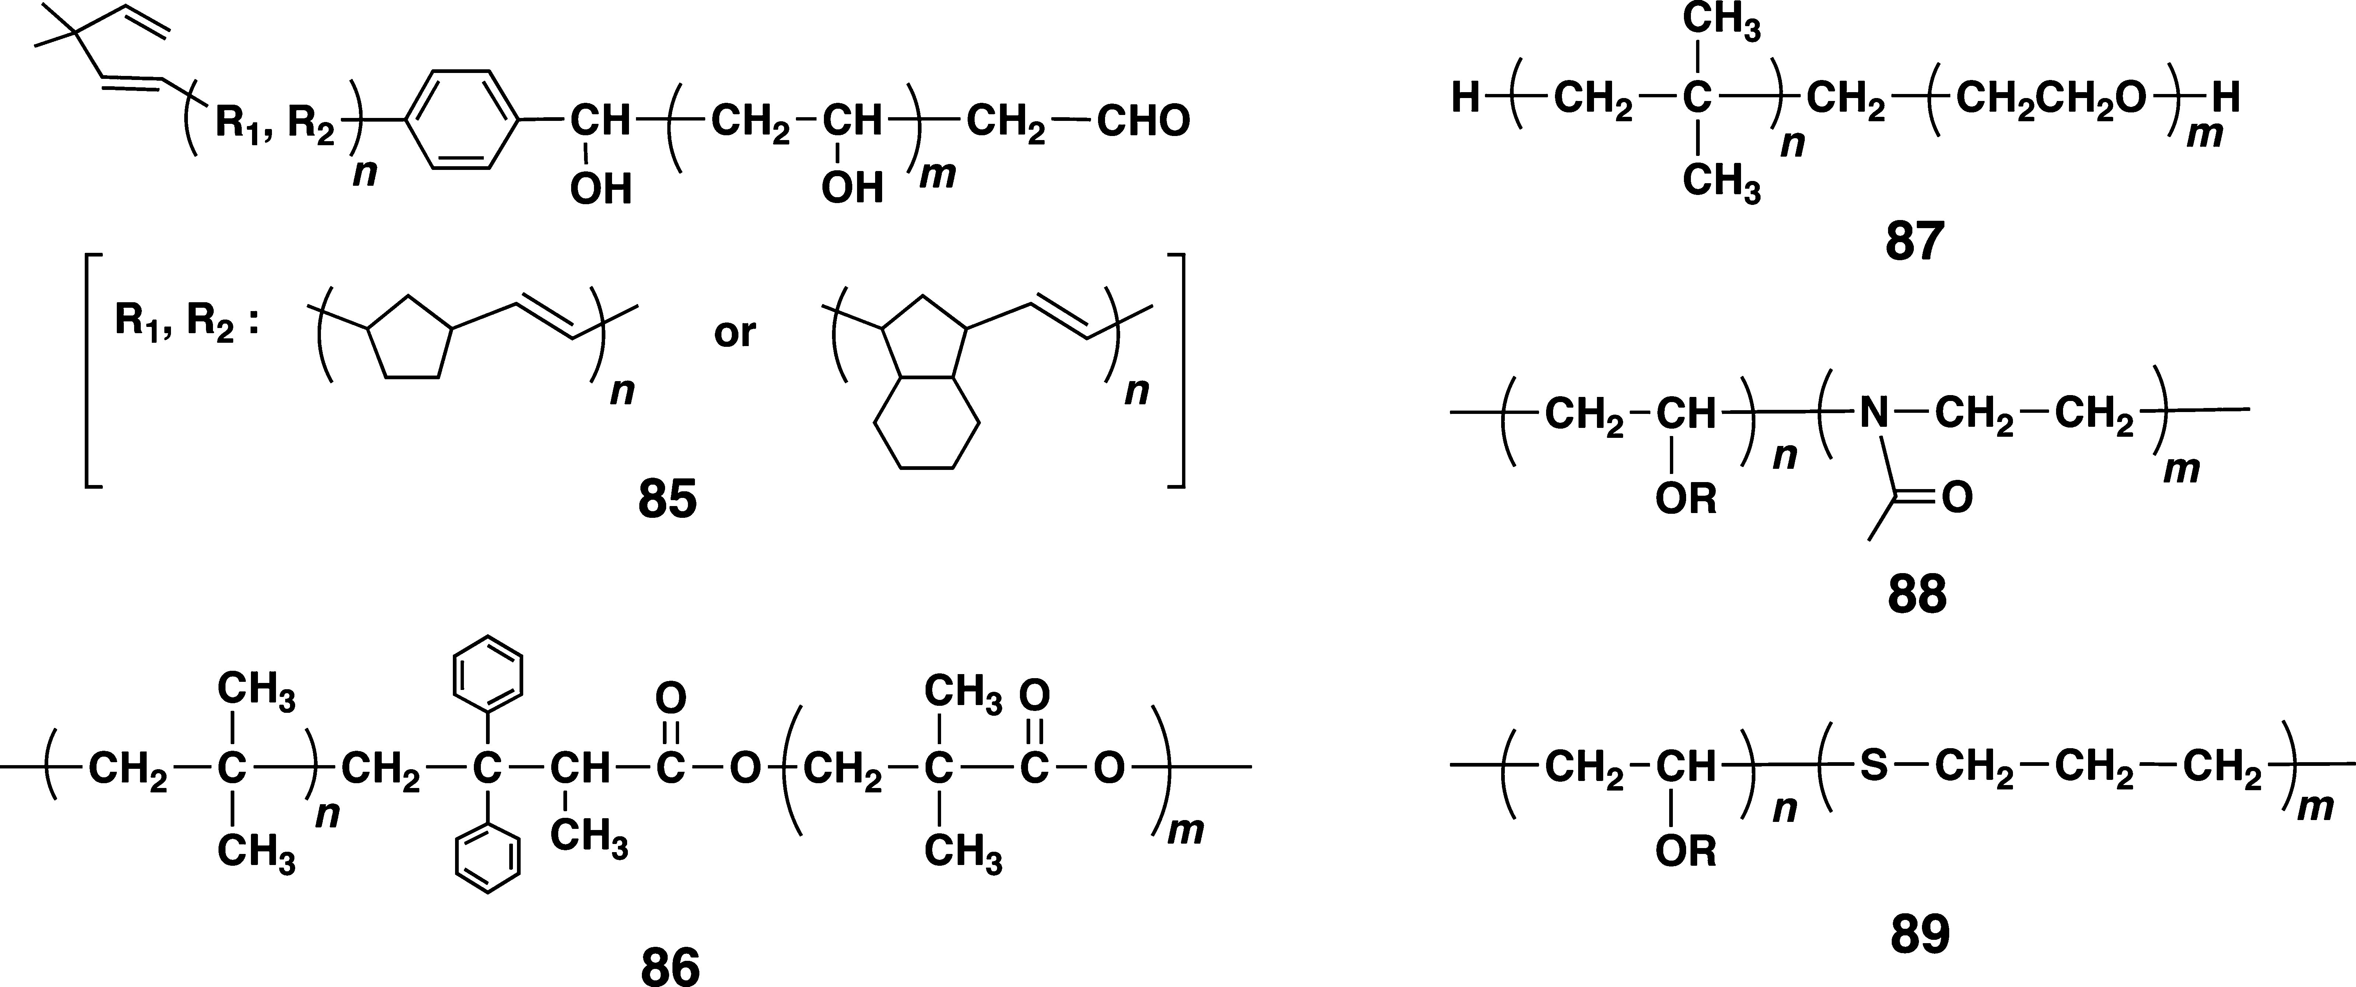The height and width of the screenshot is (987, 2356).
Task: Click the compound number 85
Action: tap(668, 501)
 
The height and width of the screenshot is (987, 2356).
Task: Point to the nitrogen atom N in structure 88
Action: tap(1874, 414)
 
